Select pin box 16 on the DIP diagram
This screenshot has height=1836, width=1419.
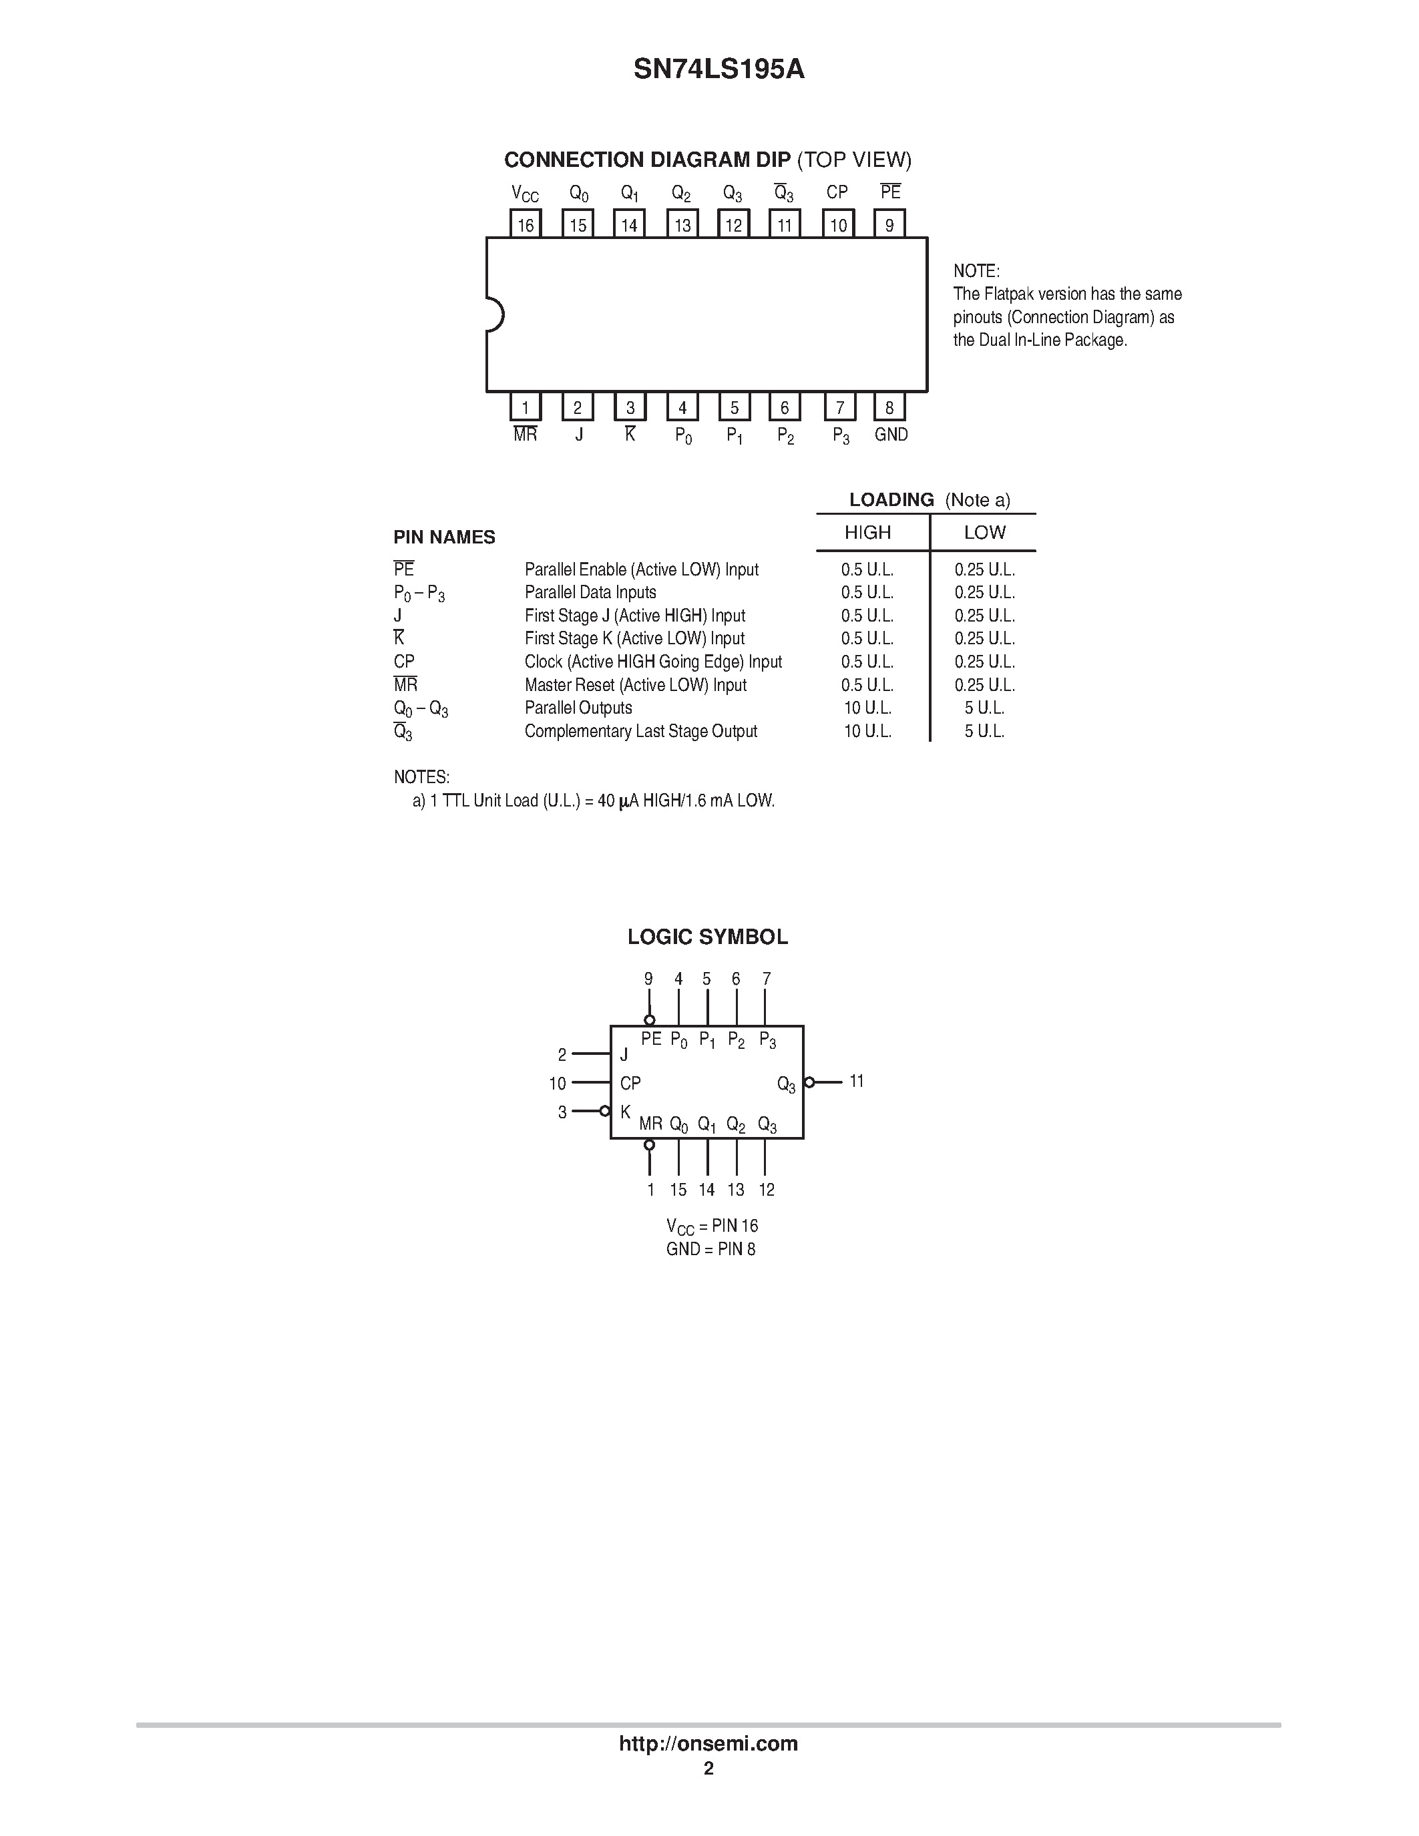pos(526,224)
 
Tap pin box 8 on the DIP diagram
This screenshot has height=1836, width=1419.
pos(889,408)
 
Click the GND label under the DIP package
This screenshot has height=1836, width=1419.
pos(891,435)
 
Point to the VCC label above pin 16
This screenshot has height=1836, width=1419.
pos(526,194)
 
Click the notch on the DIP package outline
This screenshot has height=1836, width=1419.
pos(494,315)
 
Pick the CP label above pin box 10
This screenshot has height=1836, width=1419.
pos(837,192)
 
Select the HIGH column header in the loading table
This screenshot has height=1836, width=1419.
pos(867,532)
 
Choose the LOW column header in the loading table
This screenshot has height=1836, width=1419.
pos(984,532)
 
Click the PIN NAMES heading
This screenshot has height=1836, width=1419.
pos(445,537)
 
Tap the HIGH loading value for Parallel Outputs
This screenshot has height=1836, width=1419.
pos(867,708)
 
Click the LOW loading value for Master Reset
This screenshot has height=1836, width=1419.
pos(984,685)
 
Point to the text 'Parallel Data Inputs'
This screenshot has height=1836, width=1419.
pos(590,593)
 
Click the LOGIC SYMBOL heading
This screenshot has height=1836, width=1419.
pos(708,937)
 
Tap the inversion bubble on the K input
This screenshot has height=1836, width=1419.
pos(604,1112)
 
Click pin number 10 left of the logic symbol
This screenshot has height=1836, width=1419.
pos(558,1084)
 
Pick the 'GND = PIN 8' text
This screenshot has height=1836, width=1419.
pos(711,1249)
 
